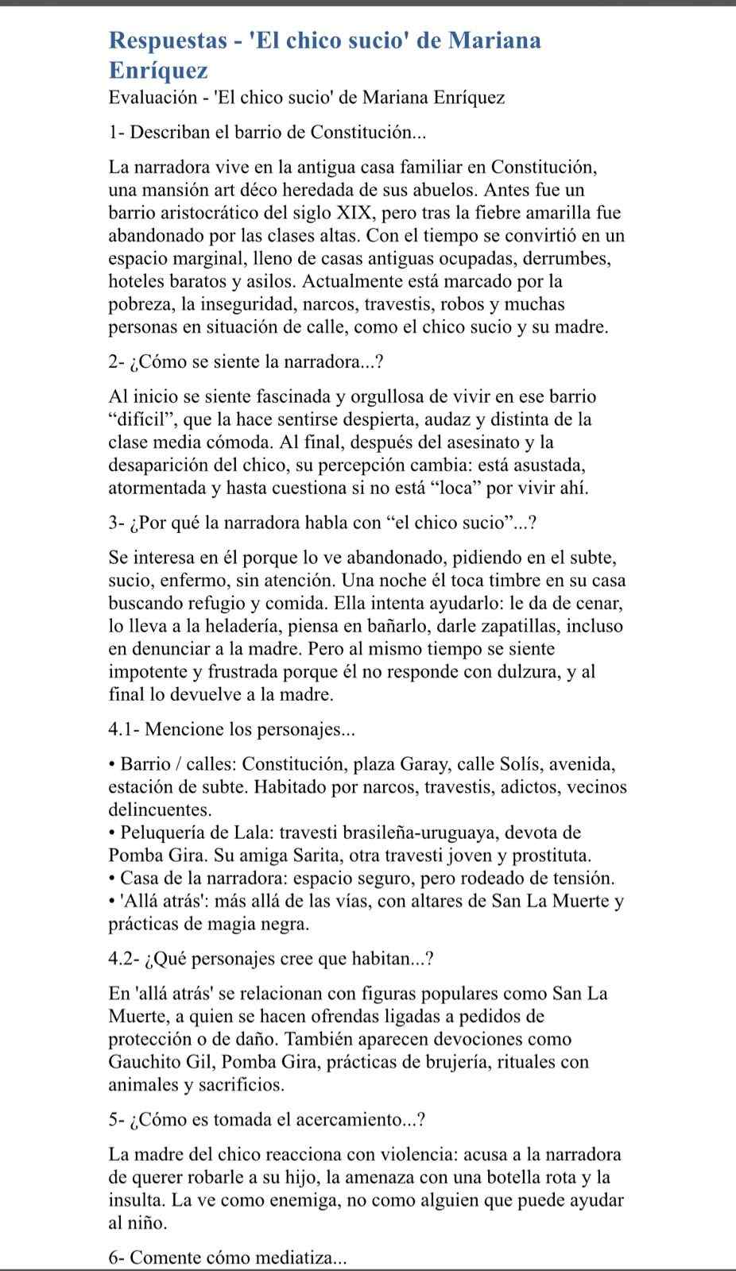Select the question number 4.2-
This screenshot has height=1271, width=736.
click(x=125, y=959)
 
